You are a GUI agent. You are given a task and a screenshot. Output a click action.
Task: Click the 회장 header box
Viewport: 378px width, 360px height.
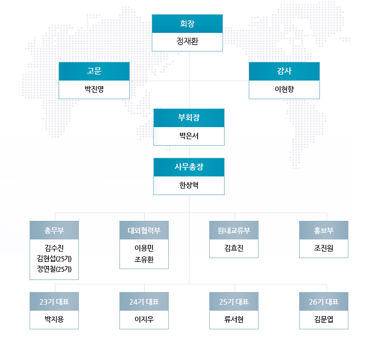187,24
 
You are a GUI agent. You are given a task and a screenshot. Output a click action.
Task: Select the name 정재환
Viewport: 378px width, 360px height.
187,41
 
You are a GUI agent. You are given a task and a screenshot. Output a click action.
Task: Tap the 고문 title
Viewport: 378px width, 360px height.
94,71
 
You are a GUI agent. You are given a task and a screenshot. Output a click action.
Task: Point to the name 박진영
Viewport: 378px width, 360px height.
94,89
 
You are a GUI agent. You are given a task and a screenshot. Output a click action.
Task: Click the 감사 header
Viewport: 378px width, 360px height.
284,71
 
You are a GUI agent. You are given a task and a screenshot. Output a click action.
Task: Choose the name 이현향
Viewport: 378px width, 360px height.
284,89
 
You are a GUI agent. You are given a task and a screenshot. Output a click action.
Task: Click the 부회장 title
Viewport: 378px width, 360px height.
189,118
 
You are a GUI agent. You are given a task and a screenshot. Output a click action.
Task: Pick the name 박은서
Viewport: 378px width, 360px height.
189,136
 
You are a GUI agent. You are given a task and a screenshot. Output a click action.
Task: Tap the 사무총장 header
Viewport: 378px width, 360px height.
189,167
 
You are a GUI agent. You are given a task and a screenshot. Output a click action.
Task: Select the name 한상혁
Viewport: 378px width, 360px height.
189,185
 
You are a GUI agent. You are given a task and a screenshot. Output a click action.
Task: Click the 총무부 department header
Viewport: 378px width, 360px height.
54,230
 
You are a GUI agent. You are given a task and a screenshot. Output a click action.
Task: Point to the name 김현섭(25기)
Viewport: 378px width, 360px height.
54,259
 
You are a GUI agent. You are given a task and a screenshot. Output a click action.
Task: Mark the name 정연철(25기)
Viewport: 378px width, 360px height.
54,269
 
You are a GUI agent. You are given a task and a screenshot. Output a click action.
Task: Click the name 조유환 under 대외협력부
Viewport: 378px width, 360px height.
144,259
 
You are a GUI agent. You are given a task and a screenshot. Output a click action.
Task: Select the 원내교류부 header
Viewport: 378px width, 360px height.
234,230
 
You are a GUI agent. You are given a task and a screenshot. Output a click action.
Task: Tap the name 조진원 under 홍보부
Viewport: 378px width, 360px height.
324,248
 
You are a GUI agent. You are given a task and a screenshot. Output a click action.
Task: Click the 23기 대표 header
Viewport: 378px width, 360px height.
54,302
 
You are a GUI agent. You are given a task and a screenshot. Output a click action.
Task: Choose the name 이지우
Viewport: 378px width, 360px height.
144,319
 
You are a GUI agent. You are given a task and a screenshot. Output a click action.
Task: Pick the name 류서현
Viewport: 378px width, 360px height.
234,319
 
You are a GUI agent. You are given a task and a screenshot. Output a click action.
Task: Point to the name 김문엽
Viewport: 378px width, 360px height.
324,319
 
